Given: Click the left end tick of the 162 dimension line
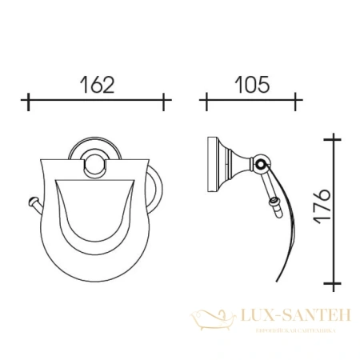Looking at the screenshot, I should (29, 102).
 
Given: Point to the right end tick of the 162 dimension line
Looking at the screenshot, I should (166, 102).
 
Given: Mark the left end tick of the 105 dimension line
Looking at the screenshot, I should (205, 102).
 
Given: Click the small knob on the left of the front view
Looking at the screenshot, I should (32, 202).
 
